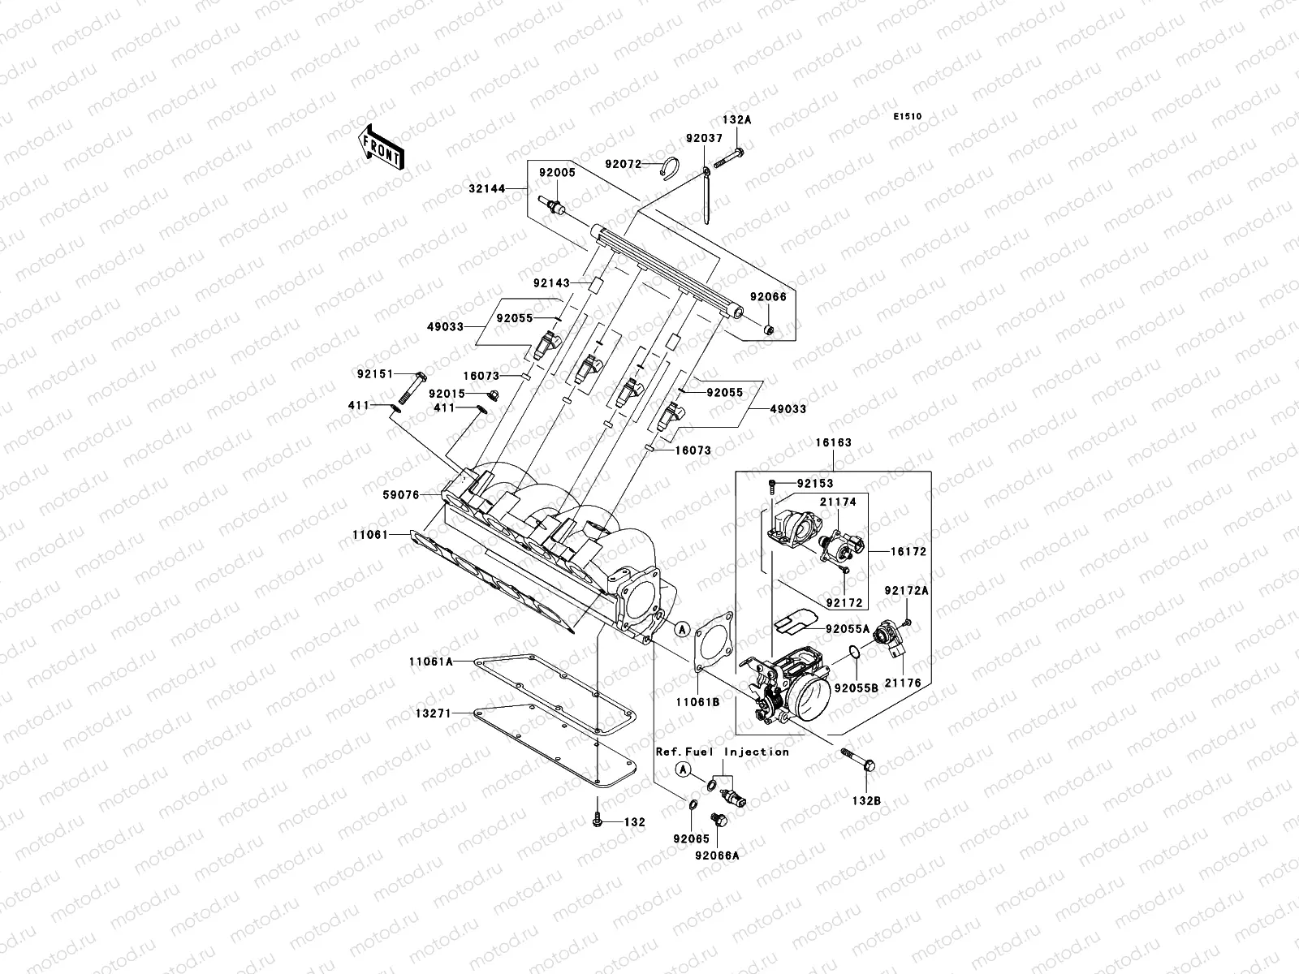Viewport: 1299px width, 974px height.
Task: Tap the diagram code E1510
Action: click(x=908, y=117)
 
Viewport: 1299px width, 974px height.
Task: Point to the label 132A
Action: click(x=737, y=119)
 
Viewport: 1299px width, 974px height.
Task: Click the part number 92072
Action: click(x=623, y=164)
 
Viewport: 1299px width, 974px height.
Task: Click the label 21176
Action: click(x=904, y=684)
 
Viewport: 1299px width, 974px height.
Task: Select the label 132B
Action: click(x=866, y=801)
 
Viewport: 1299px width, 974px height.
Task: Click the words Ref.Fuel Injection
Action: click(x=723, y=752)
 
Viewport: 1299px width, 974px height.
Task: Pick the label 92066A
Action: click(x=716, y=854)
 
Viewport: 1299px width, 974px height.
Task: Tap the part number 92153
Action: click(x=814, y=484)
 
